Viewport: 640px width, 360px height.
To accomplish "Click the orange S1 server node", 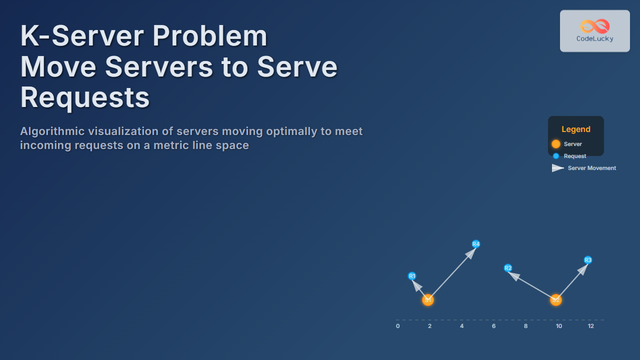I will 427,299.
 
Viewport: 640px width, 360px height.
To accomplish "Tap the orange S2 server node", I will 555,299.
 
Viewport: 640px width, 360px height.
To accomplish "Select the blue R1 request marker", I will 412,276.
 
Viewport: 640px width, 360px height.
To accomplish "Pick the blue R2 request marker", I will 508,268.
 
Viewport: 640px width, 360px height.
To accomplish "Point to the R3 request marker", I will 588,260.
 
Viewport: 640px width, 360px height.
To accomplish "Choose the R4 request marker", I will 476,244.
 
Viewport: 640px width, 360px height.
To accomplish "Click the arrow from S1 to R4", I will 452,272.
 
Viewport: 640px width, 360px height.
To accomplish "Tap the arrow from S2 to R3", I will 572,280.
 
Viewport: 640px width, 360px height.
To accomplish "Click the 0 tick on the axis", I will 398,326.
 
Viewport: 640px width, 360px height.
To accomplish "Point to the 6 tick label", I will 493,326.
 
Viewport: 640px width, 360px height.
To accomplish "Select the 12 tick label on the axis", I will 591,326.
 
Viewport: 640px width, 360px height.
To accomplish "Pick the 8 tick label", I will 525,326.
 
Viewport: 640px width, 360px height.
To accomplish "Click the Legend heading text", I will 576,129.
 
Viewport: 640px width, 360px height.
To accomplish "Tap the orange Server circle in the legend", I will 556,144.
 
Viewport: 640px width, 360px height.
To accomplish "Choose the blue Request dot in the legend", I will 556,156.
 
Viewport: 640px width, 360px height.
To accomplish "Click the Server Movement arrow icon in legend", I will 557,168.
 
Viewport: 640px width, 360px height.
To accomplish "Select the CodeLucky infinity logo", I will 595,26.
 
